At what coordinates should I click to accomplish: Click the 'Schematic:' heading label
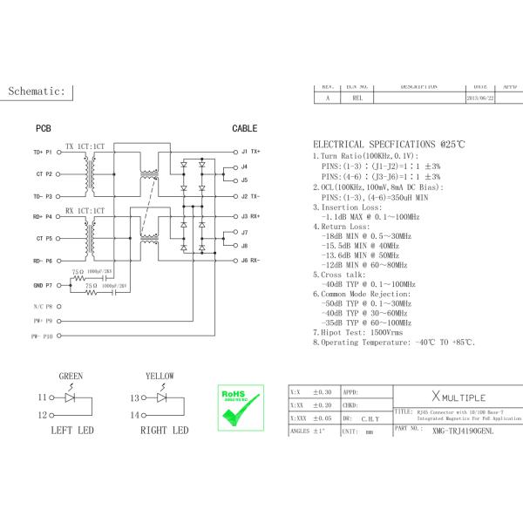[37, 91]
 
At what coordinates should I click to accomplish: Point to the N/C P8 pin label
[43, 307]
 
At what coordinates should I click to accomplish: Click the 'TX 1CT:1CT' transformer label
[85, 145]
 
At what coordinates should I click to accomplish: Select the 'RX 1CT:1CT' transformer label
[85, 211]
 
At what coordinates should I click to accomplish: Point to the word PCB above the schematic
[43, 128]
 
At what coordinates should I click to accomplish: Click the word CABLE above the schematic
[244, 128]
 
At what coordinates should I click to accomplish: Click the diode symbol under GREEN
[71, 397]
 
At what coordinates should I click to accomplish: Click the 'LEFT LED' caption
[72, 431]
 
